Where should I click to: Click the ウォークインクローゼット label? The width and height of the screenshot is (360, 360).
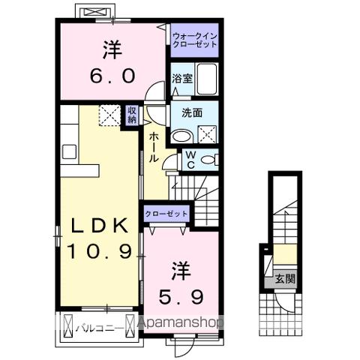194,39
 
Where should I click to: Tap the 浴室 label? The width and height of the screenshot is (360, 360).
181,78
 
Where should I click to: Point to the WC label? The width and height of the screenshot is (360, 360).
190,160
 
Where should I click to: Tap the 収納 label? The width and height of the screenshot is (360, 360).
132,115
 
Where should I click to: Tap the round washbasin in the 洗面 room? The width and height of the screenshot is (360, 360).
181,136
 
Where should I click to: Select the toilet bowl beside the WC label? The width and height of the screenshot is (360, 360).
209,160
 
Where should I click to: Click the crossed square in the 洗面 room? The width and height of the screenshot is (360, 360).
207,133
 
